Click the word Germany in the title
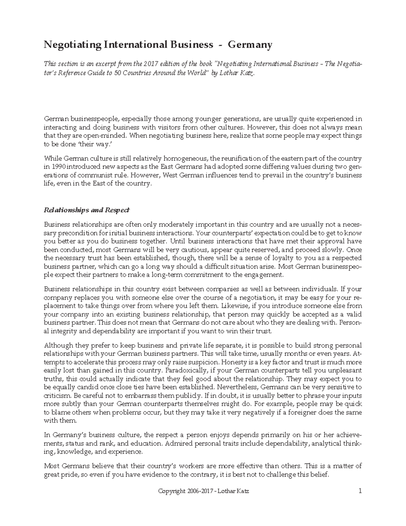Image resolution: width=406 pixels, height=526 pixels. point(250,45)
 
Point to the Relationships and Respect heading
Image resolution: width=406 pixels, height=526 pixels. point(87,210)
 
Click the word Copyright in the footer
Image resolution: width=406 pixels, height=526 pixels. point(172,491)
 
